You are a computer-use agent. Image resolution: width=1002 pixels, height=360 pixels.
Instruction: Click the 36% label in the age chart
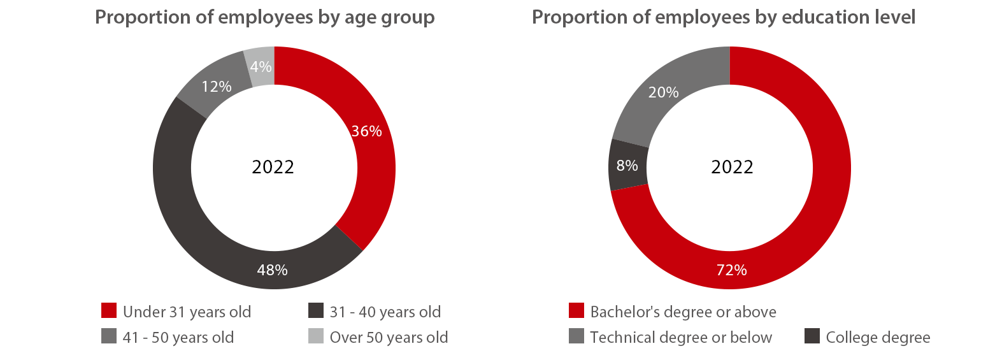(367, 131)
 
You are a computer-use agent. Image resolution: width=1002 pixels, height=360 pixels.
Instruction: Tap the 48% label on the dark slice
(273, 270)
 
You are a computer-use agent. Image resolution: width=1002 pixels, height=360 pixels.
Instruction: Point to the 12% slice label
(217, 87)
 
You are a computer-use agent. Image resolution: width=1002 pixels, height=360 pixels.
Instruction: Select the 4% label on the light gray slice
(261, 67)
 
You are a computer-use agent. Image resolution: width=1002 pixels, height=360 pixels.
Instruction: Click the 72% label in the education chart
(731, 270)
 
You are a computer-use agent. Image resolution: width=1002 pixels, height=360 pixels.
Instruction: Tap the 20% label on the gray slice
(663, 92)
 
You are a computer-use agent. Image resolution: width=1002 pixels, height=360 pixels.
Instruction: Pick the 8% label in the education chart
(627, 166)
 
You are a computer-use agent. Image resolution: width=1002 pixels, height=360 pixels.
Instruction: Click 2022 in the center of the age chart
(273, 167)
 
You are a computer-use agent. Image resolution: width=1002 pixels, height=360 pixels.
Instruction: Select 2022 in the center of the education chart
(732, 167)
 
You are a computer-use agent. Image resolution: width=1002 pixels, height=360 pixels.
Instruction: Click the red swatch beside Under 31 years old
(109, 310)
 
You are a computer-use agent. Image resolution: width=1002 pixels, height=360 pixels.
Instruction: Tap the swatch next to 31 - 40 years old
(316, 310)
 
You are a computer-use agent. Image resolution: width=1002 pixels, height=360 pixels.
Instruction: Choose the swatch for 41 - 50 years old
(109, 336)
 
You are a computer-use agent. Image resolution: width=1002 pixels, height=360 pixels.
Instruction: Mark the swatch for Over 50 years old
(316, 336)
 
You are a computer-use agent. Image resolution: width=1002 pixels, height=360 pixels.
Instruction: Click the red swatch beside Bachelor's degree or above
(576, 310)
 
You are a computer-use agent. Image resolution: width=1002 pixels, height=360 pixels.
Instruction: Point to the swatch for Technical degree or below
(576, 336)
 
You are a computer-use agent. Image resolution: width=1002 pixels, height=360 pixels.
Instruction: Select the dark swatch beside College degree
(812, 336)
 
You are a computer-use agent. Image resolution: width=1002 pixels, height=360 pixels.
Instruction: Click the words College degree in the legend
(878, 338)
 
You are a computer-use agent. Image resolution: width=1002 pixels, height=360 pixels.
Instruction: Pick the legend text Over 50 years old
(389, 338)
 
